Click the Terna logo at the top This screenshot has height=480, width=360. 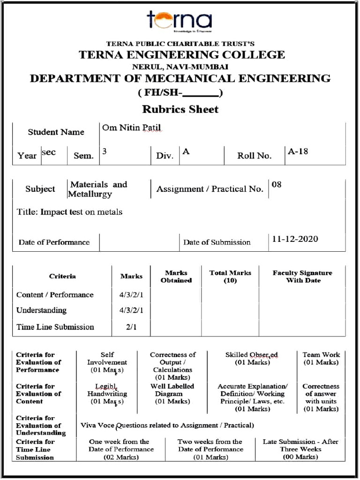coord(180,21)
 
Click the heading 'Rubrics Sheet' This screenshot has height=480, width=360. coord(180,109)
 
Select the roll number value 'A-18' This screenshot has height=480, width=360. coord(298,151)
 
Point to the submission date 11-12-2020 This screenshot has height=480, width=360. coord(295,239)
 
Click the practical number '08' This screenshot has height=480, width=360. coord(277,184)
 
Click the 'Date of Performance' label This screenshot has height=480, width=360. coord(54,242)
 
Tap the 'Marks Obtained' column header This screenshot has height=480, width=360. coord(176,277)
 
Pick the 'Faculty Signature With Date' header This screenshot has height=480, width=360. coord(302,277)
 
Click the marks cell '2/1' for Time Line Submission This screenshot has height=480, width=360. coord(131,327)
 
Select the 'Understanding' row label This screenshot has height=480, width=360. coord(41,310)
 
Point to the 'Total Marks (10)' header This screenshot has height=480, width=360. coord(230,277)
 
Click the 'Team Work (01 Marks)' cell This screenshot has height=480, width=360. coord(321,359)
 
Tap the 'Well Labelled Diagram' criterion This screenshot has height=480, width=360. coord(172,394)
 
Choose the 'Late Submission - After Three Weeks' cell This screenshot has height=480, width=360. coord(300,449)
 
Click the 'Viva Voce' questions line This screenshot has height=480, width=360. coord(167,426)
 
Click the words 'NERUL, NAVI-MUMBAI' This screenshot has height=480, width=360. coord(180,67)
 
